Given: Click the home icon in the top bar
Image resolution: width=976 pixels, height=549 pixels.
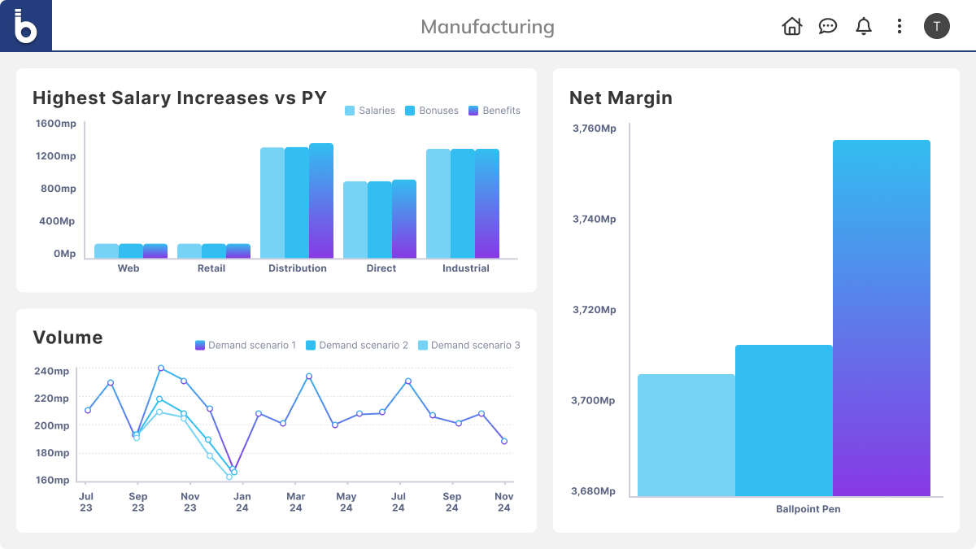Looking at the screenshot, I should tap(791, 26).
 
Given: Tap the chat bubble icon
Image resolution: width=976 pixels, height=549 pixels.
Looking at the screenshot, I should tap(828, 26).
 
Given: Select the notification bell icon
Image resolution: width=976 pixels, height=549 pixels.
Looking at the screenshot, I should tap(864, 26).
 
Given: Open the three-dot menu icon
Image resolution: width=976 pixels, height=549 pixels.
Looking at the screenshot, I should tap(899, 26).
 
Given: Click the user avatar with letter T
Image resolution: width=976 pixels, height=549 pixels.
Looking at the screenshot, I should tap(936, 26).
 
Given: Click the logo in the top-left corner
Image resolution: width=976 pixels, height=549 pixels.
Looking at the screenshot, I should tap(26, 26).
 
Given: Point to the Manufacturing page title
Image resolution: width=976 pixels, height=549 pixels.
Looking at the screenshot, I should tap(487, 27).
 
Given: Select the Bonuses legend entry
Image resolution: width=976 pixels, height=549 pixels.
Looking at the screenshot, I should tap(432, 111).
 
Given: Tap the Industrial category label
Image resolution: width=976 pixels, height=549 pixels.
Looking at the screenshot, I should tap(466, 268).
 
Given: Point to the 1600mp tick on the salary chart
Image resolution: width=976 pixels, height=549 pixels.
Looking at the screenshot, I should tap(56, 124).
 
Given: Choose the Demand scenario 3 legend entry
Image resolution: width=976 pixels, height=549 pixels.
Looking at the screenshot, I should tap(469, 345).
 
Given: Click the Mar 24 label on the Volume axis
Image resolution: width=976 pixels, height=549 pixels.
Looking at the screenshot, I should tap(296, 502).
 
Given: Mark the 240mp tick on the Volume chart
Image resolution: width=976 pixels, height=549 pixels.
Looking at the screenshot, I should tap(52, 371).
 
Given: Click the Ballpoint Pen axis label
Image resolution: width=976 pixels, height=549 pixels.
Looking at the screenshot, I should tap(808, 509).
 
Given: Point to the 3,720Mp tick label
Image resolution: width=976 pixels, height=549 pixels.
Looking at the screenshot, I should tap(594, 310).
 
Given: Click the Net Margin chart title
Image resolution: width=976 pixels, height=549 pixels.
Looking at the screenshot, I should tap(621, 98).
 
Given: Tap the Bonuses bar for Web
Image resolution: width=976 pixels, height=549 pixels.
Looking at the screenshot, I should tap(131, 251).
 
